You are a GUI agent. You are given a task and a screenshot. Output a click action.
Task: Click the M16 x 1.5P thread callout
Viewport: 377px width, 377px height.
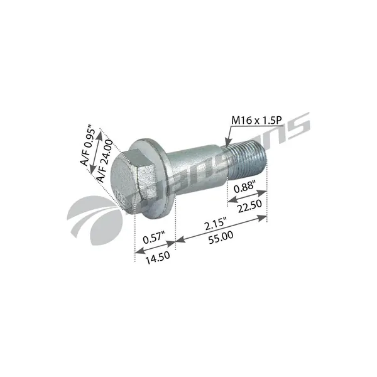(x=256, y=121)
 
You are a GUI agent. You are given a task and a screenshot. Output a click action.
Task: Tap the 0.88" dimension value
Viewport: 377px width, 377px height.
(x=244, y=187)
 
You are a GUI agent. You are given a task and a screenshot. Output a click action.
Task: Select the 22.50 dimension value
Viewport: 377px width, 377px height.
(x=250, y=206)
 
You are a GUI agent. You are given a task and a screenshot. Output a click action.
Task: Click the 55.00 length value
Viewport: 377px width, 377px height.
(x=221, y=238)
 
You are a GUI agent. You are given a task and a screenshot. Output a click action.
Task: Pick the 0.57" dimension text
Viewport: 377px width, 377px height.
(x=154, y=238)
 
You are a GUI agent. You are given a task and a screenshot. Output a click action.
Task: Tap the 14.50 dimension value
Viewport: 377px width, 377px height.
(x=158, y=258)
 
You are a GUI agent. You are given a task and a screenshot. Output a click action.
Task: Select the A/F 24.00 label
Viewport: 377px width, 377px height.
(x=105, y=161)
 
